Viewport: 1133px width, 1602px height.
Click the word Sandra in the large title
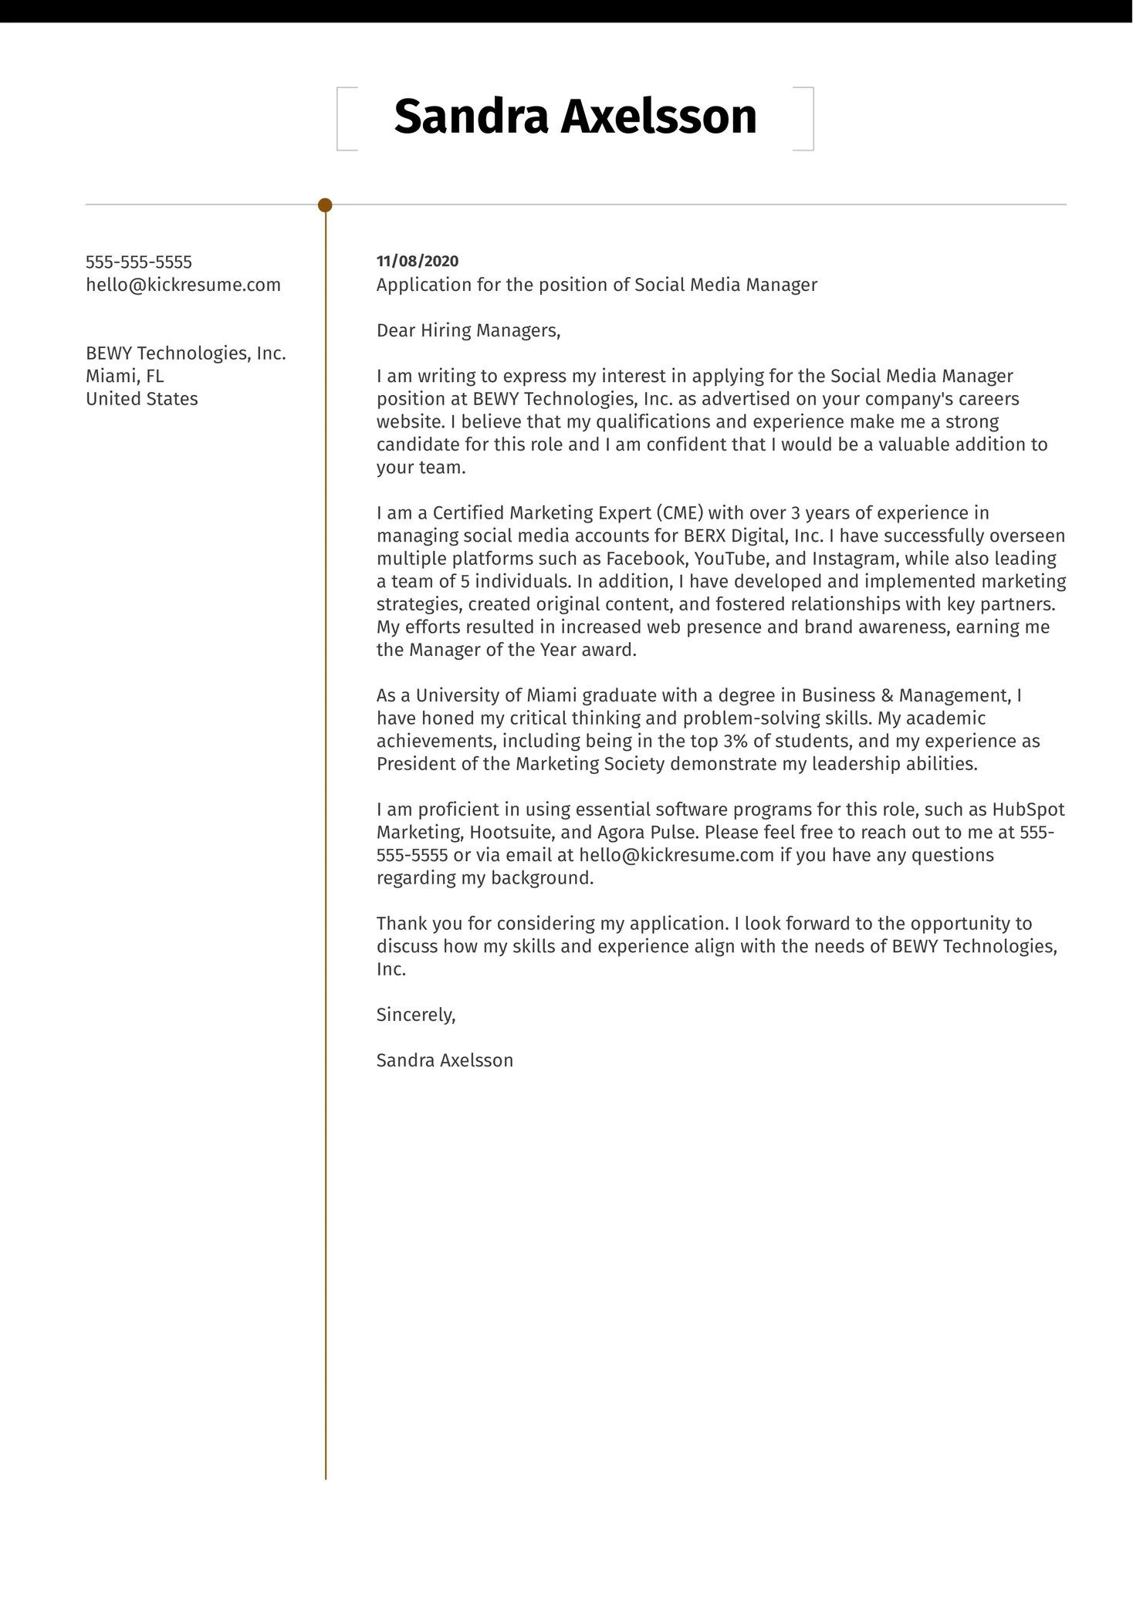pos(471,117)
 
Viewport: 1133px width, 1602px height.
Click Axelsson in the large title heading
pos(658,117)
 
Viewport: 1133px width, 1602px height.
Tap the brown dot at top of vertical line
pos(325,205)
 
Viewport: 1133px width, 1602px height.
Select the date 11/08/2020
pos(418,262)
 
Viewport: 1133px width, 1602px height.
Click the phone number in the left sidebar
pos(139,262)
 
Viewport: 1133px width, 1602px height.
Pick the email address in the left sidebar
pos(183,285)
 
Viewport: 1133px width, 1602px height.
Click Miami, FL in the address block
pos(124,377)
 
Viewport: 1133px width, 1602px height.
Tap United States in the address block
pos(142,399)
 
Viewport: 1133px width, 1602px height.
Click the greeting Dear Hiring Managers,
pos(468,331)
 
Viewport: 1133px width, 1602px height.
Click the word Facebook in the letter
pos(646,559)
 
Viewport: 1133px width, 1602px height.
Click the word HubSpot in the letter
pos(1028,809)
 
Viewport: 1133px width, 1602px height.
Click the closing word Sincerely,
pos(416,1015)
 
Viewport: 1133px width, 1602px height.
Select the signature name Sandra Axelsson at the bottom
pos(445,1060)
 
